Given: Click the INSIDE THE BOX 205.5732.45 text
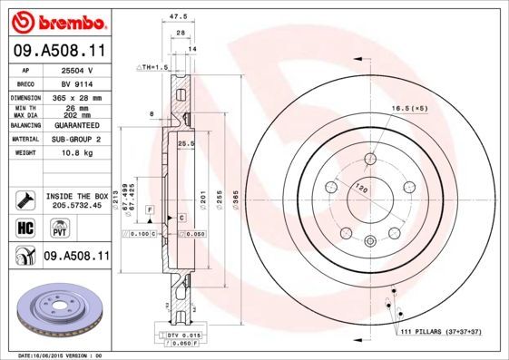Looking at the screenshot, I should tap(76, 200).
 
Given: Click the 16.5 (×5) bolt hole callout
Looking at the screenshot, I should tap(408, 109).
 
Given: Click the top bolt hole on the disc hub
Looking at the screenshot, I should tap(370, 161).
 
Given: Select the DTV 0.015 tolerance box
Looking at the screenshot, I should tap(186, 336).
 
